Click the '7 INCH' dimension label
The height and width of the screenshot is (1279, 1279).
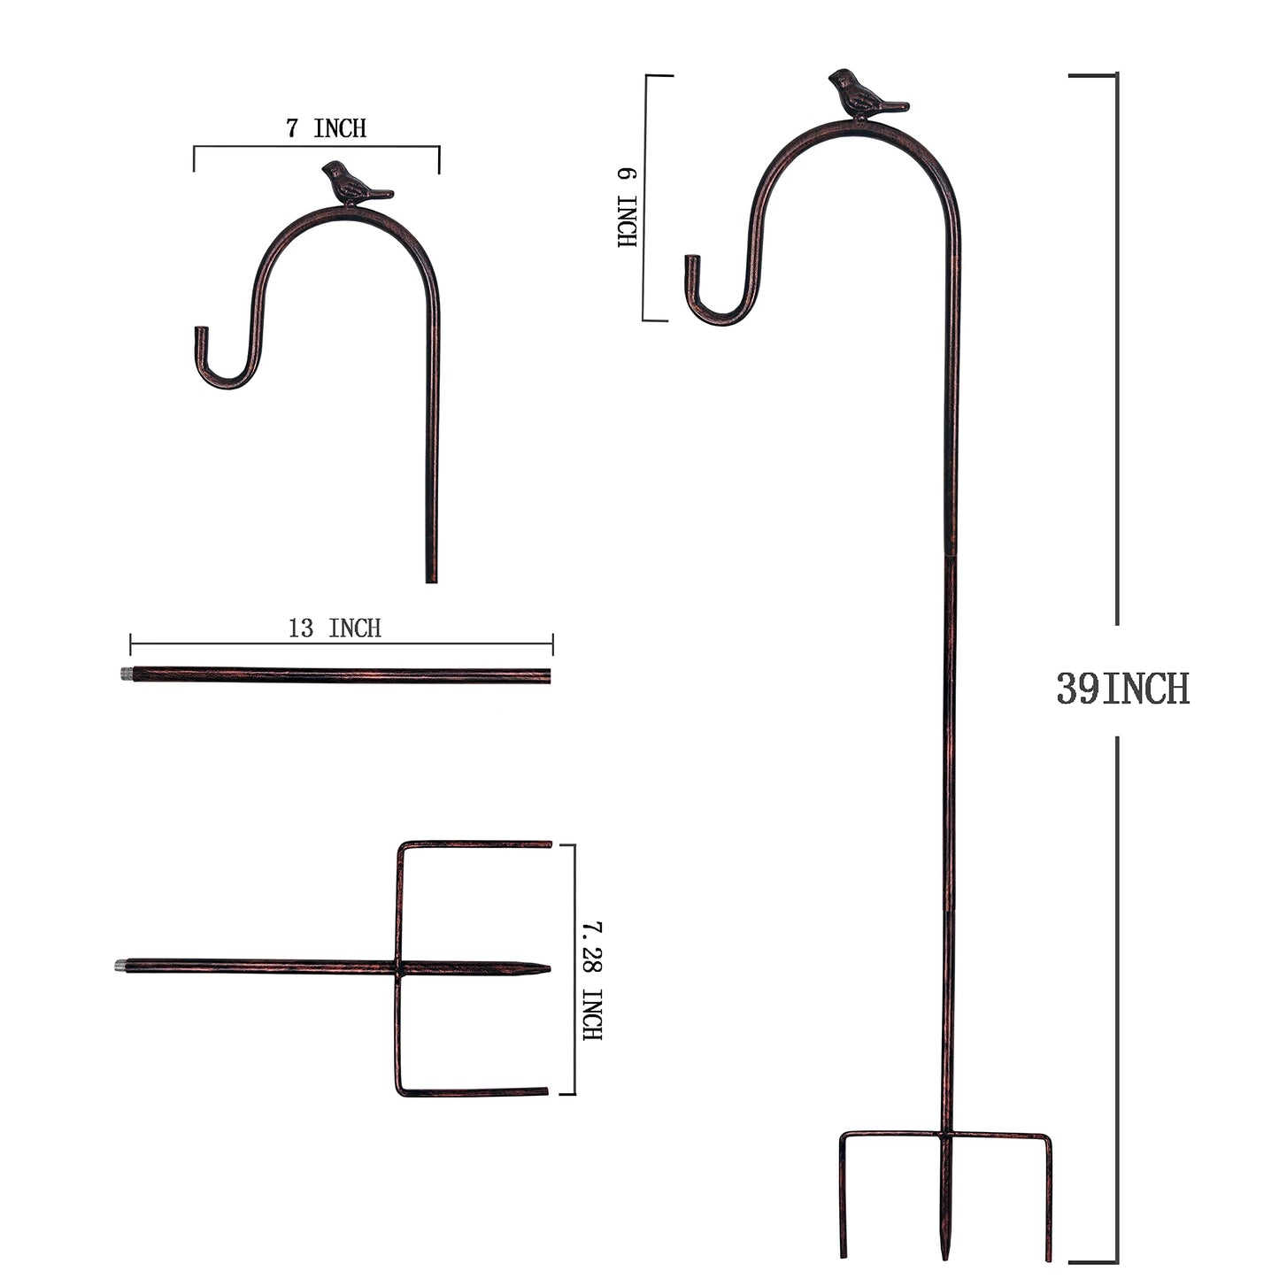pos(326,128)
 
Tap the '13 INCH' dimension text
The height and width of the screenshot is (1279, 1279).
pos(335,628)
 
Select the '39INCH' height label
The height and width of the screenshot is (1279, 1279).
pos(1123,689)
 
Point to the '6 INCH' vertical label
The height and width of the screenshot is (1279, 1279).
pos(628,208)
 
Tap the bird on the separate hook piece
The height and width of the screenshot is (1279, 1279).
pos(353,184)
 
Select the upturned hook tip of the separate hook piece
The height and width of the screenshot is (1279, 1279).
pos(201,330)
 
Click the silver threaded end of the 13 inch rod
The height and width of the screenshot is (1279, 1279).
pos(126,674)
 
